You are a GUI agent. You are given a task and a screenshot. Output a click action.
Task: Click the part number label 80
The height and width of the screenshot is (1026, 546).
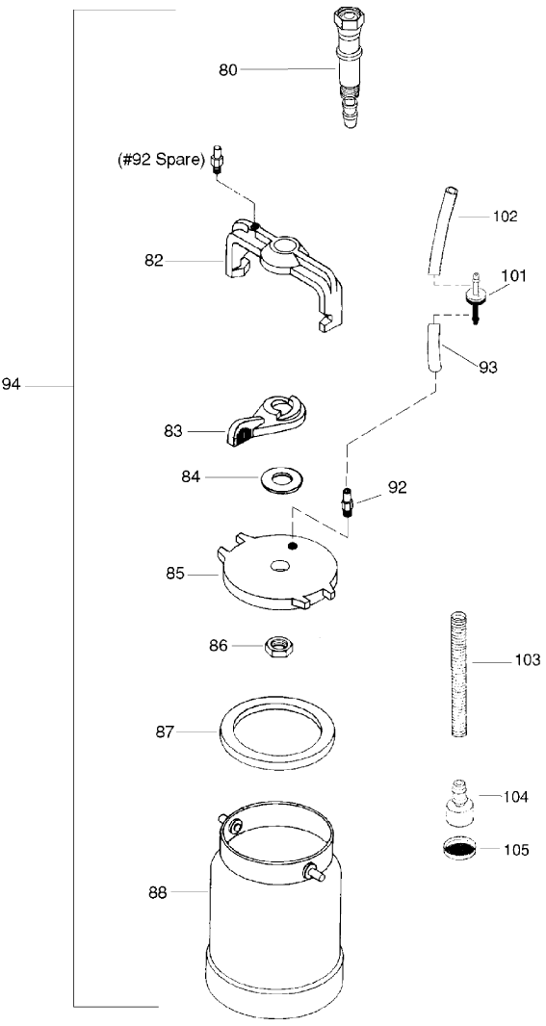coord(226,69)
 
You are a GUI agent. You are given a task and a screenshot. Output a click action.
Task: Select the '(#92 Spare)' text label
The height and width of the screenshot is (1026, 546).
coord(158,161)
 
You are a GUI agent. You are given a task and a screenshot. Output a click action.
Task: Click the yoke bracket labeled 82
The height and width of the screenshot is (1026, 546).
coord(284,265)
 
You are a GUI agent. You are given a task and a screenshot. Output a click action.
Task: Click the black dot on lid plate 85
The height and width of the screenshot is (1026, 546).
coord(291,546)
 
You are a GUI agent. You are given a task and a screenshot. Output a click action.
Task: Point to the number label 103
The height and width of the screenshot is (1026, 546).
coord(527,661)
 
